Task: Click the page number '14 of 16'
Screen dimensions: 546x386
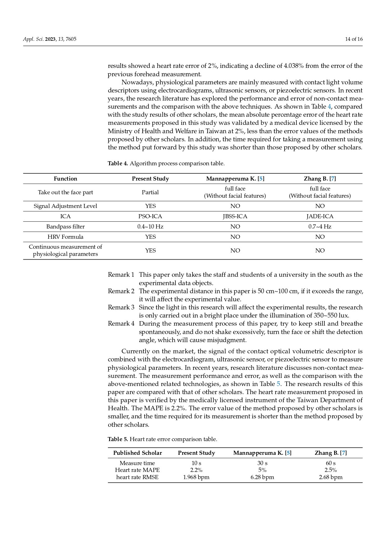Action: point(354,39)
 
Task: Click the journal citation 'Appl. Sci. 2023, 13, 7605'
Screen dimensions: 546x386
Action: point(50,39)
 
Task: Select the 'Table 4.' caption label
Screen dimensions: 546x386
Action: point(118,163)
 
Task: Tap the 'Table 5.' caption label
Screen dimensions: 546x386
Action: point(118,439)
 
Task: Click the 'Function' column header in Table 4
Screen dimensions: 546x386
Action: point(65,179)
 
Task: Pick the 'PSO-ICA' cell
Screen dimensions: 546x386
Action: point(150,216)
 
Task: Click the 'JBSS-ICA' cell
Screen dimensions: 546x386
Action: point(235,216)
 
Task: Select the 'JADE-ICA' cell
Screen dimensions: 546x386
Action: point(320,216)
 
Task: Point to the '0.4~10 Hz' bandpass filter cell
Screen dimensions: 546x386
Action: point(150,227)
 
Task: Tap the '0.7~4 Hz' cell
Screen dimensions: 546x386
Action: point(320,227)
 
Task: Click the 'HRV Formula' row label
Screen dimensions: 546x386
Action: point(65,237)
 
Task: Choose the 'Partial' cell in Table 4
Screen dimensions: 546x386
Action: point(150,192)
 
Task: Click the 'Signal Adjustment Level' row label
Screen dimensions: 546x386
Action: point(65,206)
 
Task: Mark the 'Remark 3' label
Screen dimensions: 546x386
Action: point(121,308)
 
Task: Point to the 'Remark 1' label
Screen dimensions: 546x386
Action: point(121,275)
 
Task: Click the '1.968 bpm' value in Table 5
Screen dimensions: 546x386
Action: point(196,477)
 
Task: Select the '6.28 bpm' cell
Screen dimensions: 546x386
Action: point(262,477)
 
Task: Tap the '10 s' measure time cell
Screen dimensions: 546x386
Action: point(196,463)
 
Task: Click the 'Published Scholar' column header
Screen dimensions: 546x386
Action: point(137,453)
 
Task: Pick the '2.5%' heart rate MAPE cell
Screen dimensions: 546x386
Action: point(331,470)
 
